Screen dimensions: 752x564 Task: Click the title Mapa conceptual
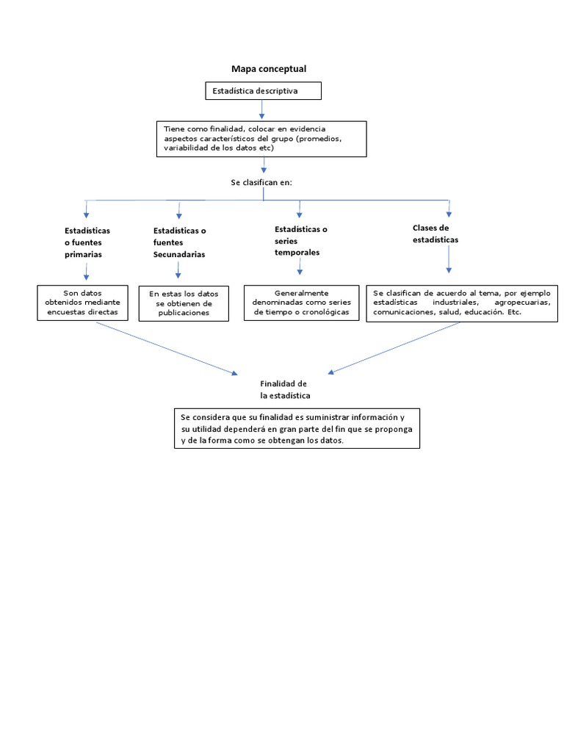[x=269, y=68]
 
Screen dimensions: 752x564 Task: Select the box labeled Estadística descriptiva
[x=263, y=91]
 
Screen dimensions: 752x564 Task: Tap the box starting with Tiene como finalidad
[x=261, y=138]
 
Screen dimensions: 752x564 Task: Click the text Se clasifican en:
[x=262, y=181]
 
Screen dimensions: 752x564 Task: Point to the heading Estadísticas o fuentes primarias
[x=87, y=242]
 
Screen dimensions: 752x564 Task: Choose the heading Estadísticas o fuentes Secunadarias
[x=179, y=242]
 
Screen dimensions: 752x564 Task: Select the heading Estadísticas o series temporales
[x=300, y=241]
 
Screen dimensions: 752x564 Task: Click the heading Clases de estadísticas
[x=435, y=234]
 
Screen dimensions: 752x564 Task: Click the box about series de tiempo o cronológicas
[x=301, y=303]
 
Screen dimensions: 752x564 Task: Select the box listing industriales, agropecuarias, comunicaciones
[x=461, y=303]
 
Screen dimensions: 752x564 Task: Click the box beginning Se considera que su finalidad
[x=297, y=428]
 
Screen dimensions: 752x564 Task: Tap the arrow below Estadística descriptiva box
[x=262, y=109]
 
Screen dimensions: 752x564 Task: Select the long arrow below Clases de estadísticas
[x=449, y=260]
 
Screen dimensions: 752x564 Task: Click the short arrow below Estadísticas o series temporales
[x=300, y=266]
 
